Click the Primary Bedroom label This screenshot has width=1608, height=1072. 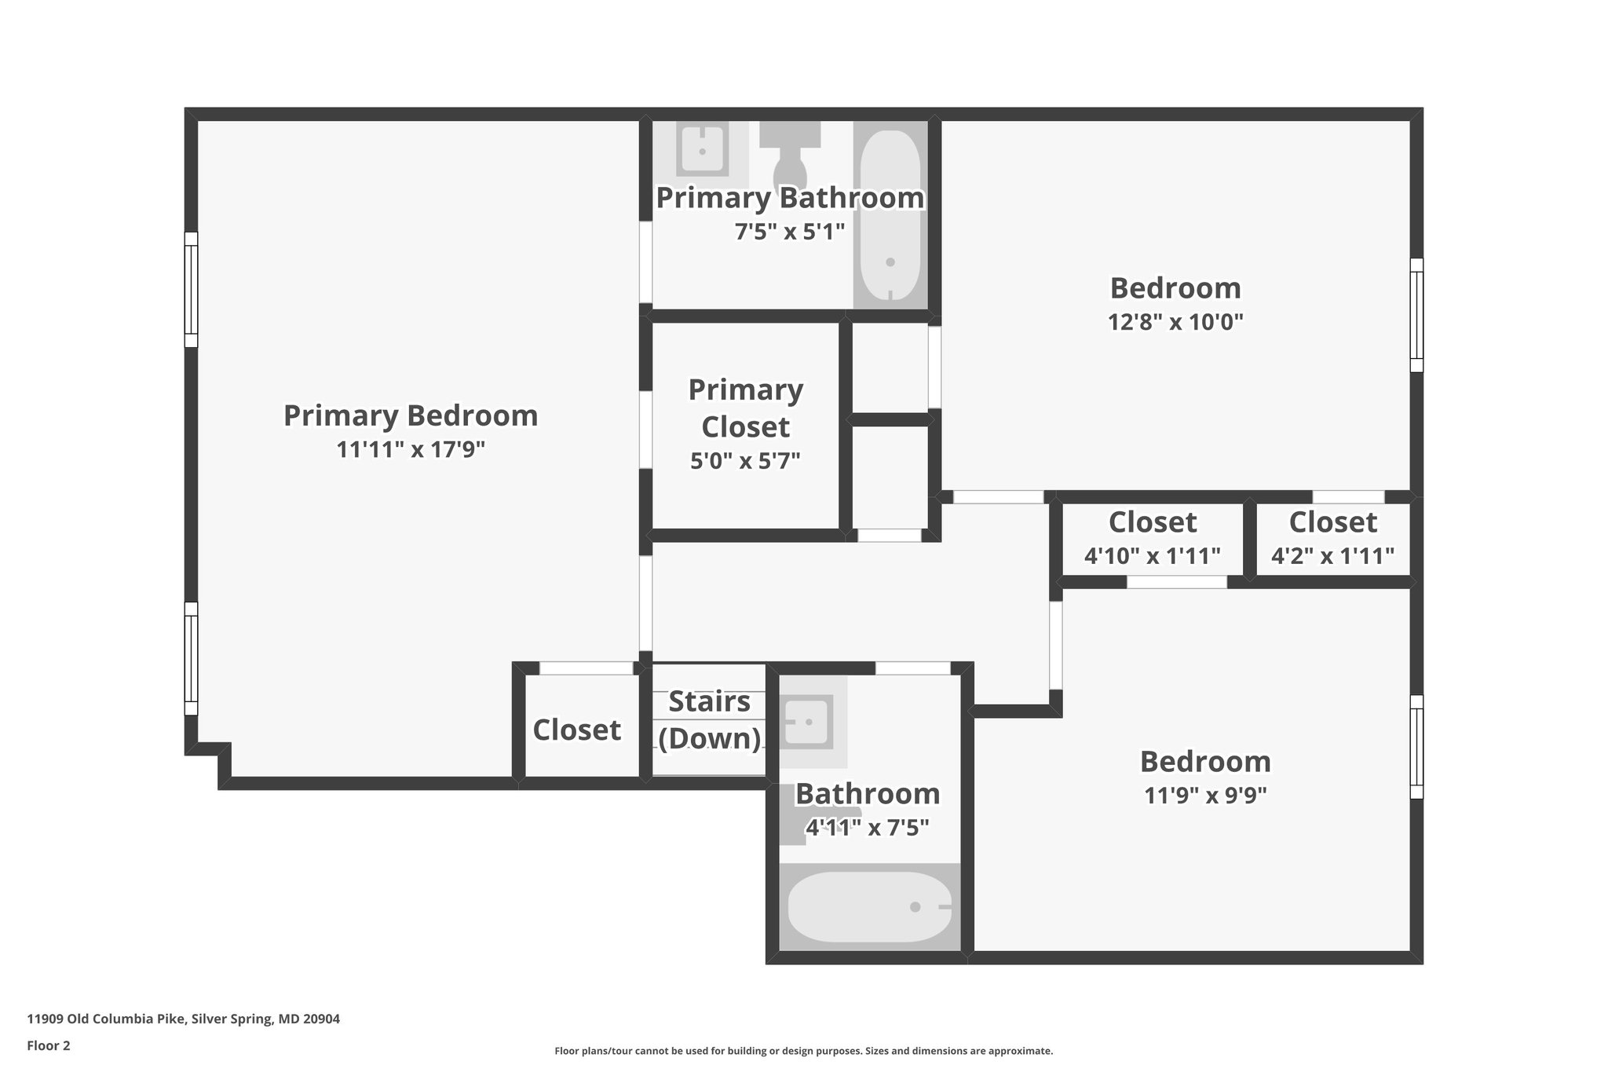coord(411,415)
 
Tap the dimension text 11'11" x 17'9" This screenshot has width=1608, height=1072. coord(411,450)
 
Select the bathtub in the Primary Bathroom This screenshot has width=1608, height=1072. coord(890,216)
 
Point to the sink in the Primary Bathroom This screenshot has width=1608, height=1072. coord(702,149)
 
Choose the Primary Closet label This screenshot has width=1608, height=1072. coord(745,408)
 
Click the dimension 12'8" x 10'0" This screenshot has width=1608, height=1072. coord(1175,322)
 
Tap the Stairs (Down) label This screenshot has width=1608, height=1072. coord(710,719)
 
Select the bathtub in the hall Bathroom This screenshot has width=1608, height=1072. coord(869,906)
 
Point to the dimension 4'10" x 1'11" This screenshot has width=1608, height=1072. coord(1152,556)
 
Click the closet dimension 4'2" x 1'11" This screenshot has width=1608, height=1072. coord(1332,556)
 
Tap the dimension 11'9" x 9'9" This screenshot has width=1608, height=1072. coord(1205,796)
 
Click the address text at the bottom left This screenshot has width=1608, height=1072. coord(184,1019)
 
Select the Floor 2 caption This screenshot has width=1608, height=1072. coord(49,1045)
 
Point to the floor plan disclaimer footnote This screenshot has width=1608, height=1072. coord(803,1051)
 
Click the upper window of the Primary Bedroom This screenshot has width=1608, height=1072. coord(191,289)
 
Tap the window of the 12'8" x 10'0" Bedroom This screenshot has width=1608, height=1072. coord(1416,315)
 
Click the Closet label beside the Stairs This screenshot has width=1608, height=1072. coord(577,730)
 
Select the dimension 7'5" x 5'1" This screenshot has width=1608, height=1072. coord(790,232)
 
